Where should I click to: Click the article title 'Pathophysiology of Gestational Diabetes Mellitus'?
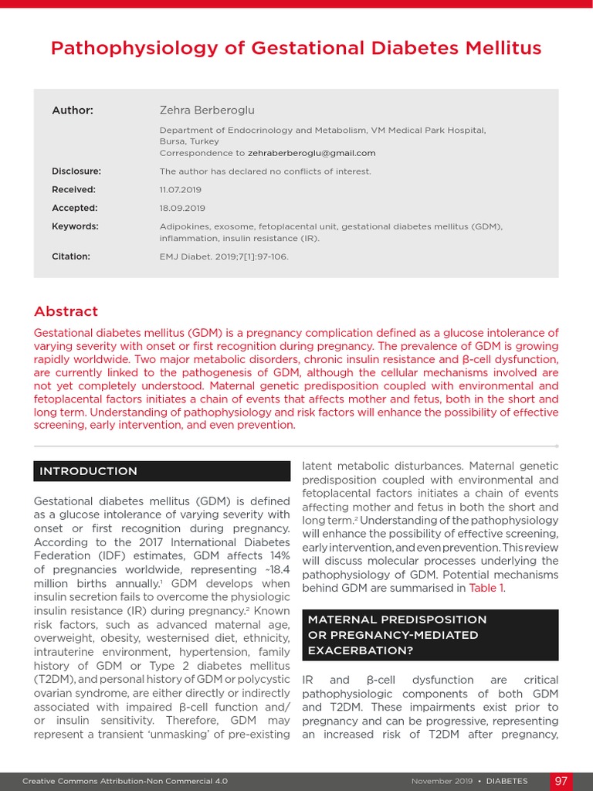[x=296, y=49]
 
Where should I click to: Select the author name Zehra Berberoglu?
[x=206, y=110]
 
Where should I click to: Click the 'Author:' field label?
[x=73, y=110]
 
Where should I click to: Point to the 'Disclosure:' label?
[x=76, y=171]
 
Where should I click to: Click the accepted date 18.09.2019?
[x=182, y=209]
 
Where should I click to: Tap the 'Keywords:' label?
[x=75, y=226]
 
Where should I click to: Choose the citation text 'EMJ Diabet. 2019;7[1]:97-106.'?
[x=224, y=256]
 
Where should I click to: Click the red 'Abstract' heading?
[x=66, y=311]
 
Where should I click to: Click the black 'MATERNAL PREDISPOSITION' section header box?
[x=429, y=635]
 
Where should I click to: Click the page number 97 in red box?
[x=561, y=781]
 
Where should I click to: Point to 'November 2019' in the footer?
[x=442, y=782]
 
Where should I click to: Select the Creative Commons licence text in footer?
[x=125, y=782]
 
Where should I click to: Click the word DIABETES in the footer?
[x=507, y=782]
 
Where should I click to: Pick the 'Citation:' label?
[x=71, y=256]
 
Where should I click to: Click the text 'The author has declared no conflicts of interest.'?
[x=265, y=171]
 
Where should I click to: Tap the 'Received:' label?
[x=73, y=190]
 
